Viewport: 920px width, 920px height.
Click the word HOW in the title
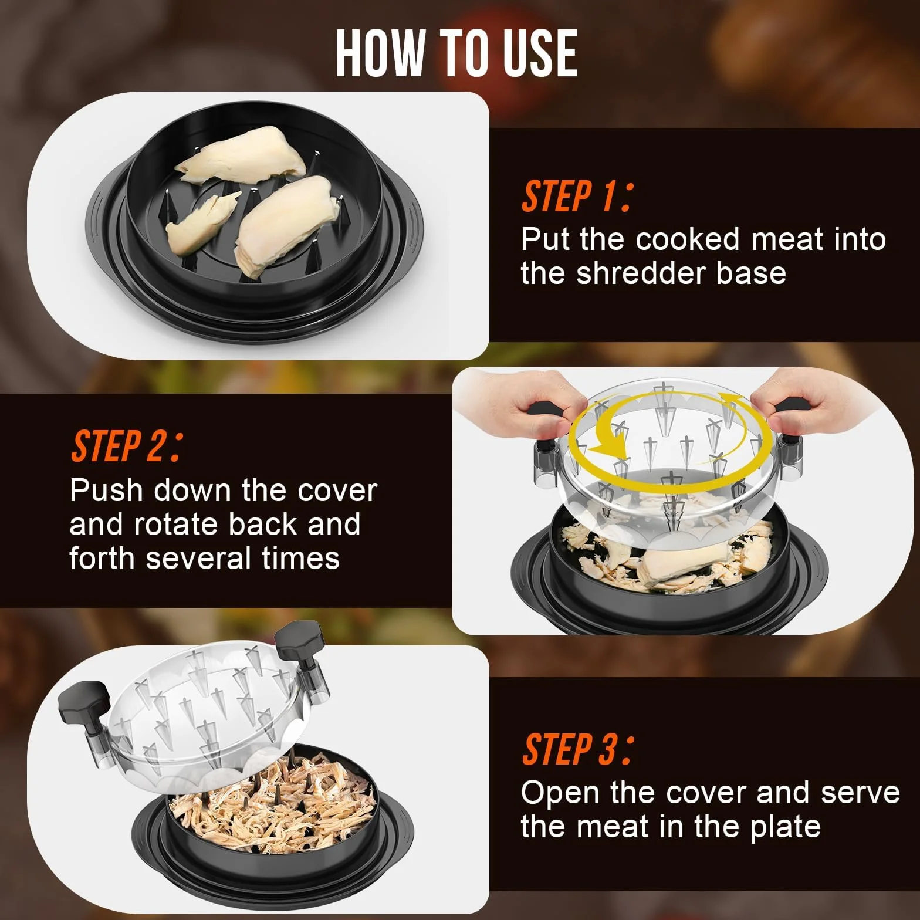point(380,53)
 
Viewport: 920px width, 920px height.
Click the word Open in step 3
point(560,793)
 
